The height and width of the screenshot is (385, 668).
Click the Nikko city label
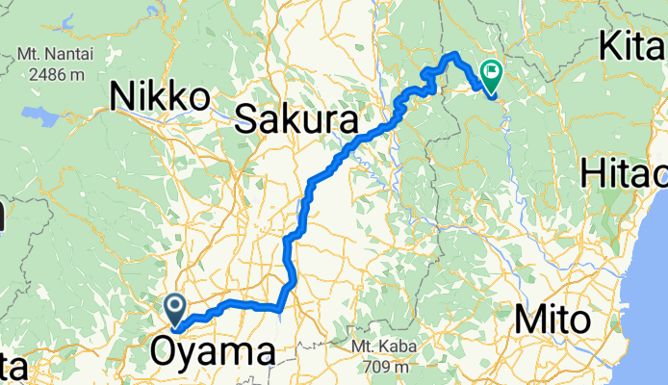click(160, 96)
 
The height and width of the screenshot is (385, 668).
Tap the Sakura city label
click(295, 120)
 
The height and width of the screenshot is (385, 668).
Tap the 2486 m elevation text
click(62, 73)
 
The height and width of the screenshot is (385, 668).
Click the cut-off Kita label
click(633, 45)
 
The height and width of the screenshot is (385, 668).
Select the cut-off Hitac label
click(625, 175)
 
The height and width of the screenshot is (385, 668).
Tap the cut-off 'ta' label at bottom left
click(12, 369)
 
